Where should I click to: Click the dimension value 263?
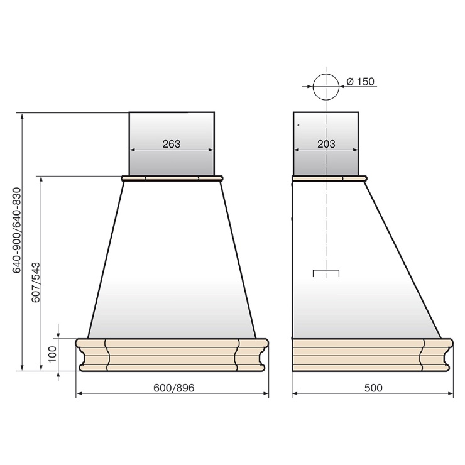(x=172, y=144)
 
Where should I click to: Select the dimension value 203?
(x=326, y=144)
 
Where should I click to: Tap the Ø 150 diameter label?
(x=360, y=81)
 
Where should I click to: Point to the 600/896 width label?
(x=174, y=388)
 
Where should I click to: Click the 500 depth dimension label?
(x=373, y=388)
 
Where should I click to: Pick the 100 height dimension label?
(x=53, y=354)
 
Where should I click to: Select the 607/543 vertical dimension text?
(x=36, y=282)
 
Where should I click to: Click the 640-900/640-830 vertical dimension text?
(x=16, y=230)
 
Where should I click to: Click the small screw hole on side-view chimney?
(x=298, y=125)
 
